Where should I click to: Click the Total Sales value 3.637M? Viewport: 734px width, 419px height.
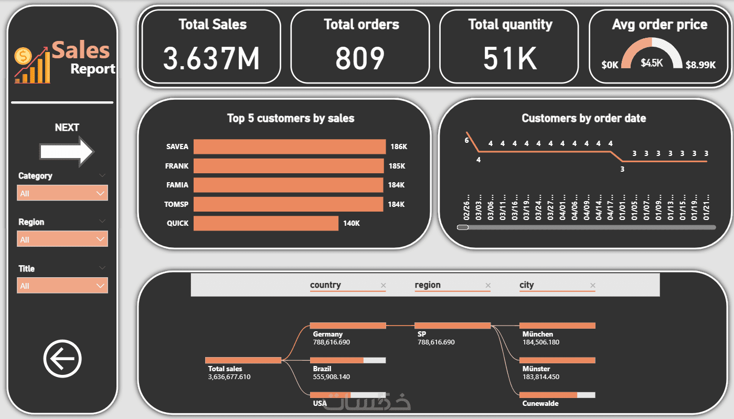click(211, 58)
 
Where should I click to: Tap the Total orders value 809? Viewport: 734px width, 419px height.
click(360, 58)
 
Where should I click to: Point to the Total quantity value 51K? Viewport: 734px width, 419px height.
click(510, 58)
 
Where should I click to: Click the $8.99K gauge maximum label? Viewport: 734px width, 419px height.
click(700, 65)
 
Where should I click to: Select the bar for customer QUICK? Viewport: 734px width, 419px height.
click(266, 223)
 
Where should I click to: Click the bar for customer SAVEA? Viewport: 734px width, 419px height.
click(289, 147)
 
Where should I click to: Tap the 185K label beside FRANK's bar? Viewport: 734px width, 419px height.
click(397, 166)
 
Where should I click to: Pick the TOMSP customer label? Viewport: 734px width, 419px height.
click(177, 204)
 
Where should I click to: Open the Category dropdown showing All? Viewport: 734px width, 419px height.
click(62, 193)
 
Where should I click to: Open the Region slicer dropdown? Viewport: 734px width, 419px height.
click(62, 239)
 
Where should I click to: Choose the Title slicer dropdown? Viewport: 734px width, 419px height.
click(62, 286)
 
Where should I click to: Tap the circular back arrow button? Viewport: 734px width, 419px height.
click(62, 359)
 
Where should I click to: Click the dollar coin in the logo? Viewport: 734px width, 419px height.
click(23, 55)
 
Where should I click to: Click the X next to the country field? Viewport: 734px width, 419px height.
click(383, 286)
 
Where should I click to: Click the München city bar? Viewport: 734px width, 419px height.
click(557, 326)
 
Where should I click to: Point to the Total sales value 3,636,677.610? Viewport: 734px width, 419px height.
click(229, 376)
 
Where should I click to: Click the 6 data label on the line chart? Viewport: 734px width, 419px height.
click(466, 140)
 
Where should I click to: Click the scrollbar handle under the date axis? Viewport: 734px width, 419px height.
click(463, 227)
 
